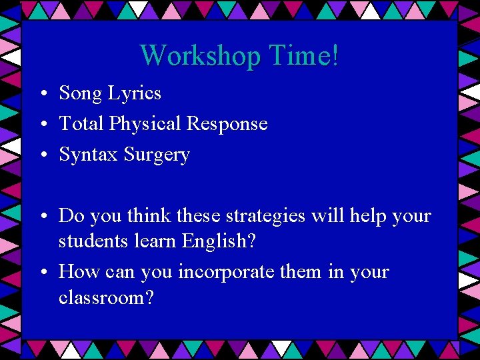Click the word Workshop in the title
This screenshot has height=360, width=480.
tap(199, 56)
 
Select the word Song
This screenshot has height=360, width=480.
tap(80, 94)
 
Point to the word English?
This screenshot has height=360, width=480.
tap(221, 242)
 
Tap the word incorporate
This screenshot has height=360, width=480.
tap(233, 273)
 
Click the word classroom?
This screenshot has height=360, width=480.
tap(106, 297)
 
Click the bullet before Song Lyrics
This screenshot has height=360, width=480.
tap(42, 95)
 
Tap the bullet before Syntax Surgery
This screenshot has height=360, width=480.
tap(42, 156)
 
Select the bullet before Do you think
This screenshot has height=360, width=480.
tap(42, 217)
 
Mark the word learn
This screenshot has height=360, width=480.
tap(154, 241)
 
